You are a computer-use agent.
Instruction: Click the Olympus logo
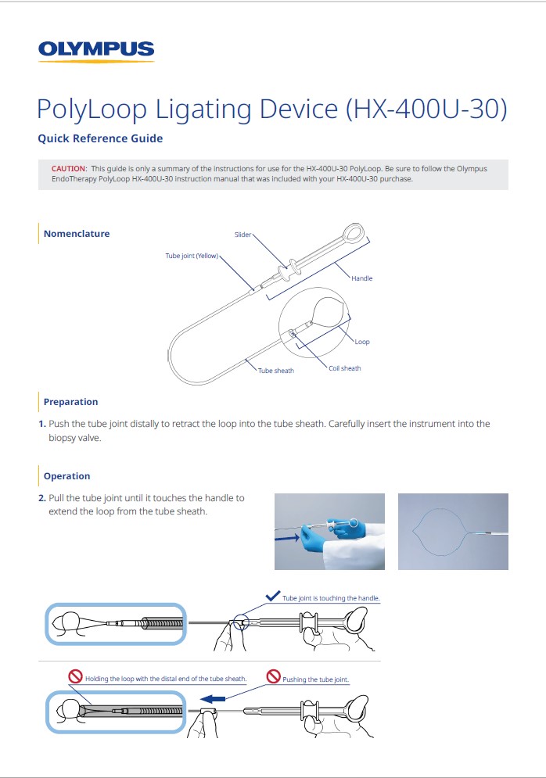pyautogui.click(x=96, y=50)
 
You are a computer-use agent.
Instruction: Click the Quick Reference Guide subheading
pyautogui.click(x=100, y=138)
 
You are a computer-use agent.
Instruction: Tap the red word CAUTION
pyautogui.click(x=68, y=168)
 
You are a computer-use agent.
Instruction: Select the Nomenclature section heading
pyautogui.click(x=77, y=234)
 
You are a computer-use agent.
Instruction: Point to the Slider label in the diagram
pyautogui.click(x=242, y=235)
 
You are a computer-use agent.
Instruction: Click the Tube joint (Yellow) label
pyautogui.click(x=192, y=256)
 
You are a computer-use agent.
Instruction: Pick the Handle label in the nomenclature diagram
pyautogui.click(x=361, y=278)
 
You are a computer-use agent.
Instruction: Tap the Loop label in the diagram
pyautogui.click(x=361, y=342)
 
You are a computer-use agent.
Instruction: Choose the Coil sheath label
pyautogui.click(x=345, y=368)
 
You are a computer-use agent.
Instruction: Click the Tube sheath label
pyautogui.click(x=275, y=371)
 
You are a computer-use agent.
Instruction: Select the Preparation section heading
pyautogui.click(x=70, y=402)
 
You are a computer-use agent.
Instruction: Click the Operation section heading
pyautogui.click(x=66, y=476)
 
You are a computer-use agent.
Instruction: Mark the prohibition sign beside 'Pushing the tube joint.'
pyautogui.click(x=273, y=676)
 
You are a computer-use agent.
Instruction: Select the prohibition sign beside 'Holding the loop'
pyautogui.click(x=76, y=676)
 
